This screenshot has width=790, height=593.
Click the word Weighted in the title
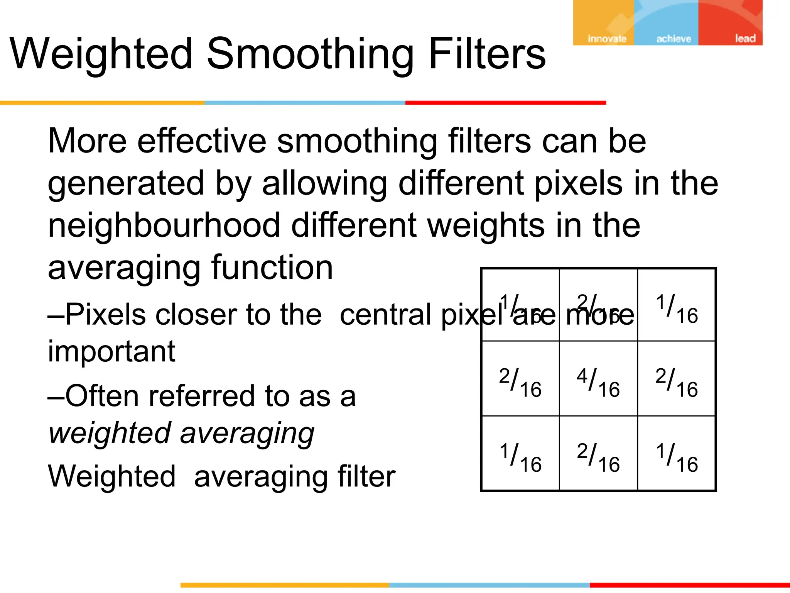101,54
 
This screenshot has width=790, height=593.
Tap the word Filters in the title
487,54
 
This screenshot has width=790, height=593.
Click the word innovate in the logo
607,39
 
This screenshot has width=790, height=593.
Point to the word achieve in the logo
674,39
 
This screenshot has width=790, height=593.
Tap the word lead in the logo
745,39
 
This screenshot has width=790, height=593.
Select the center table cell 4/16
598,382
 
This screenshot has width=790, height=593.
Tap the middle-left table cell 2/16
520,382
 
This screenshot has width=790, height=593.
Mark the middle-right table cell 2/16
677,382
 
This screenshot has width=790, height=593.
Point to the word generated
126,184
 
